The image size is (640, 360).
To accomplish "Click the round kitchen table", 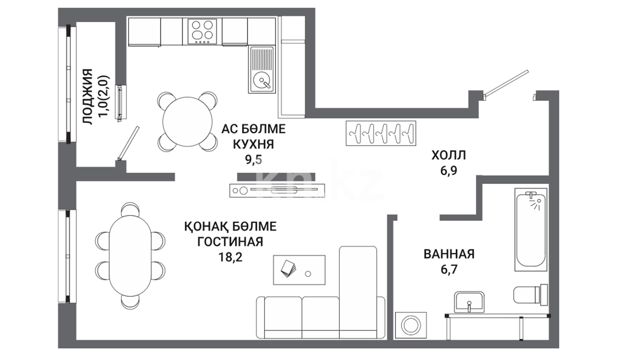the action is [187, 122].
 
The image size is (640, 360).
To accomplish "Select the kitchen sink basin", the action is [262, 70].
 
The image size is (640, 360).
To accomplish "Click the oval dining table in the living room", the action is [130, 255].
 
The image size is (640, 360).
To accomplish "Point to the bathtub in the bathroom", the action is [531, 230].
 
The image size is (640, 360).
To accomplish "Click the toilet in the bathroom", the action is [530, 295].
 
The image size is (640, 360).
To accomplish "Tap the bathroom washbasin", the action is [469, 302].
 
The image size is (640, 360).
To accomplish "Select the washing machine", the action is [411, 326].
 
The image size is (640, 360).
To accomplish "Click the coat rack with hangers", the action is [381, 133].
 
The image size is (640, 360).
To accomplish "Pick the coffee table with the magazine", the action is [299, 270].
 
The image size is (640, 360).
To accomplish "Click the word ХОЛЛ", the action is [449, 155].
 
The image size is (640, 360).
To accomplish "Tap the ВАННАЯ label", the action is [449, 254].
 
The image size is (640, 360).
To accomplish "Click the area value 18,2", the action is [230, 257].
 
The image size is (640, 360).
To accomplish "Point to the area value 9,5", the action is [253, 160].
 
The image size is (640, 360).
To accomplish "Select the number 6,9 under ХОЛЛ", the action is [449, 171].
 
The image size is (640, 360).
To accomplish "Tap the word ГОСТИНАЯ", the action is [230, 242].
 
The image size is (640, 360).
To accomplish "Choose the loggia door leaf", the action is [128, 143].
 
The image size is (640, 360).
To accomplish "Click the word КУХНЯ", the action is [253, 144].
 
